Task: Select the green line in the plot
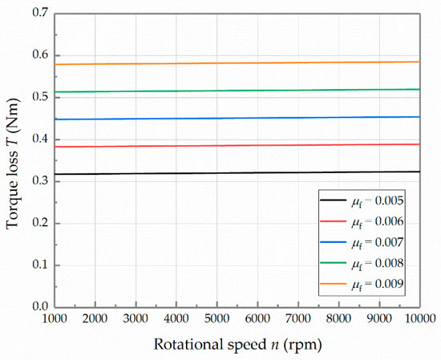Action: pos(241,90)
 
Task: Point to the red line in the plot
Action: pos(241,145)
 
